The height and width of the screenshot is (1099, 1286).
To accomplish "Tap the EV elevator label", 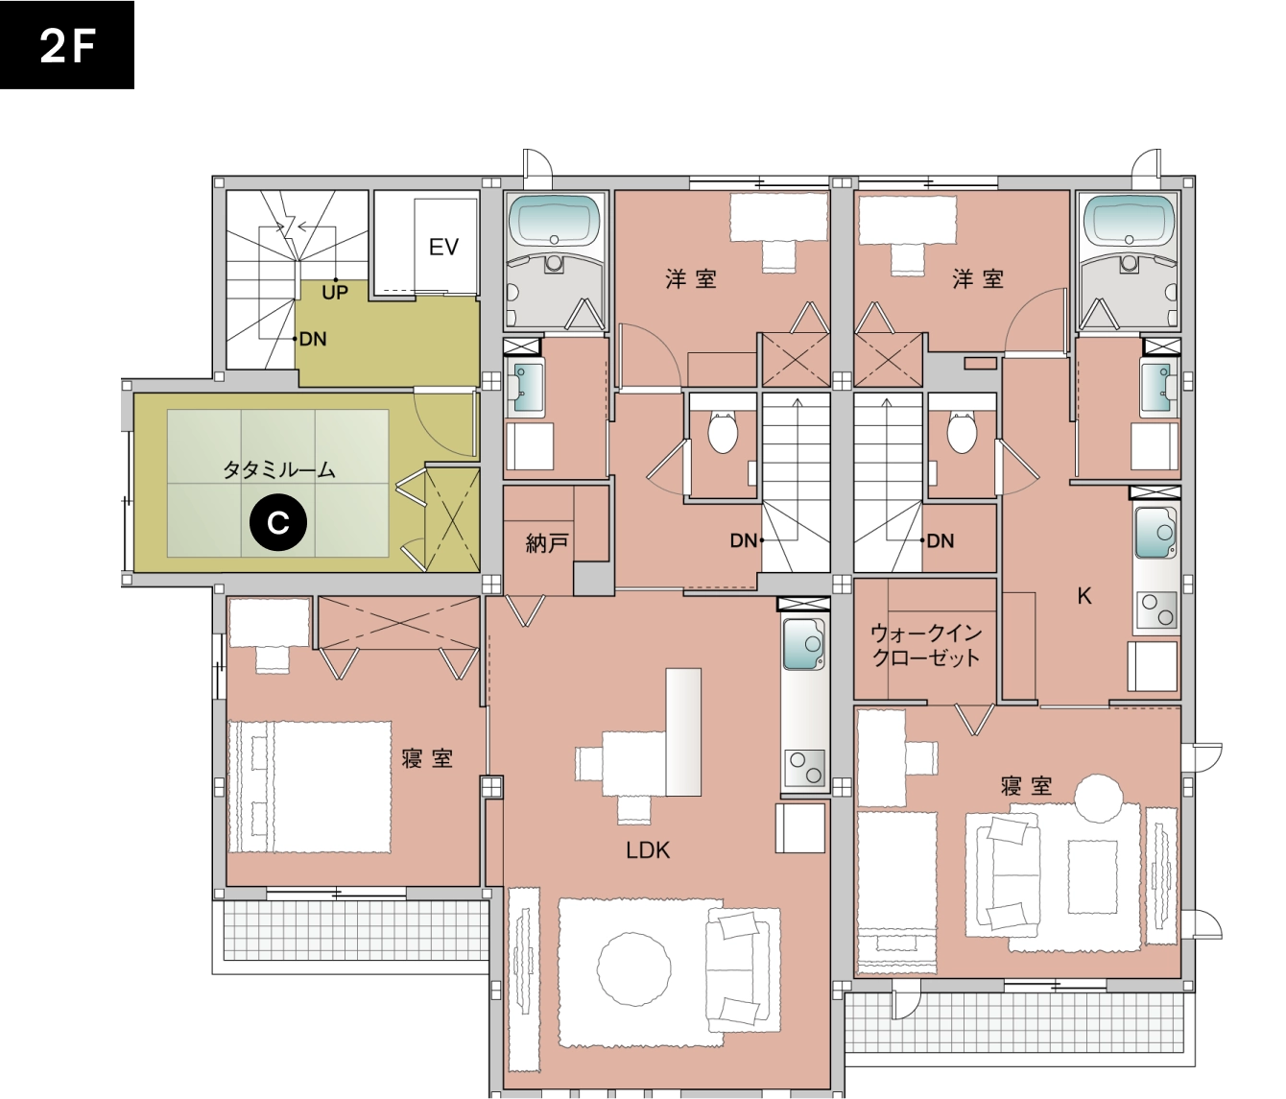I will pyautogui.click(x=443, y=247).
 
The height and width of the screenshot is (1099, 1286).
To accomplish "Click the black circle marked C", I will pyautogui.click(x=277, y=523).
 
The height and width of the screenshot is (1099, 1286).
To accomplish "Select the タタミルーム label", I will pyautogui.click(x=279, y=469).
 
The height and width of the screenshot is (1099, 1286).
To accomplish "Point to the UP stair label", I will pyautogui.click(x=334, y=292).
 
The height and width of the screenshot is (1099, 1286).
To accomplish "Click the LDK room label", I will pyautogui.click(x=647, y=849).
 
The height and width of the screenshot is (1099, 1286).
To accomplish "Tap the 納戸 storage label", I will pyautogui.click(x=547, y=543).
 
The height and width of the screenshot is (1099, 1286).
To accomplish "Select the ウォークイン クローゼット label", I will pyautogui.click(x=925, y=646).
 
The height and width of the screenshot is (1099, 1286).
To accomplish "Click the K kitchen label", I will pyautogui.click(x=1084, y=596).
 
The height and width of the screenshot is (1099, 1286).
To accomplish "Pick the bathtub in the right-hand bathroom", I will pyautogui.click(x=1130, y=221).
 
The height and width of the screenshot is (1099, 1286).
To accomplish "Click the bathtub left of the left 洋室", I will pyautogui.click(x=555, y=221).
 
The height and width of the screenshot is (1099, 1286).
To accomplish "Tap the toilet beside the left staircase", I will pyautogui.click(x=722, y=431).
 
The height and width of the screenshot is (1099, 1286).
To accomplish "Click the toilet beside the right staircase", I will pyautogui.click(x=961, y=431).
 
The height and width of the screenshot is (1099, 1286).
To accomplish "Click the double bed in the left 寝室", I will pyautogui.click(x=310, y=785).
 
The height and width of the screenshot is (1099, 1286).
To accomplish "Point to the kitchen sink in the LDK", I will pyautogui.click(x=803, y=644).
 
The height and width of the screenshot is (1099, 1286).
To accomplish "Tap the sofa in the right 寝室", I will pyautogui.click(x=1009, y=872).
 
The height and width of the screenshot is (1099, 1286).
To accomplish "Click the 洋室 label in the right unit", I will pyautogui.click(x=978, y=279).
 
